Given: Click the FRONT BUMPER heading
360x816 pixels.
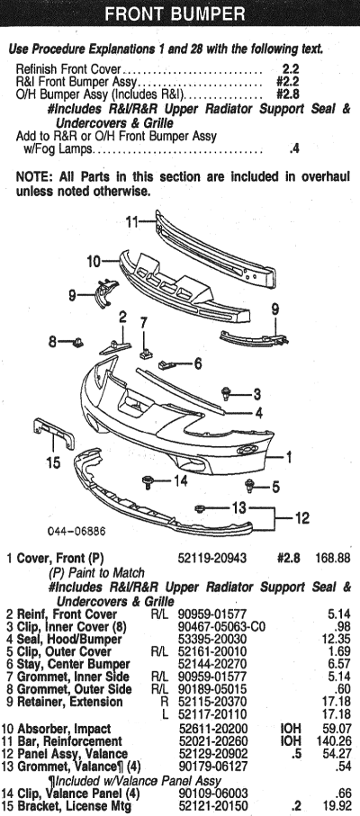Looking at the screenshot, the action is point(175,13).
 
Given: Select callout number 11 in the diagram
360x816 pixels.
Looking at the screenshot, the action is point(132,222).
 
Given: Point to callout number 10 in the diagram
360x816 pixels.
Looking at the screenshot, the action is point(93,261).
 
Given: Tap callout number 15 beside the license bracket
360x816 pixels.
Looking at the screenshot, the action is point(54,462).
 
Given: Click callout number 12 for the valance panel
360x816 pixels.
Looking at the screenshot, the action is point(301,518).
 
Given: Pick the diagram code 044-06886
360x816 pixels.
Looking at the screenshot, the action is point(76,532).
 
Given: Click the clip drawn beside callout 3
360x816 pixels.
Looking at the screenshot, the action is point(227,393).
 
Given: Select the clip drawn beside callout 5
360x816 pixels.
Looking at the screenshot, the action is point(251,486).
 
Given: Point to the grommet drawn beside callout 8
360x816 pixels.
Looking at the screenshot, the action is point(77,342).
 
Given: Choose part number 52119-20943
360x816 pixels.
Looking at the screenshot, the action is point(212,559).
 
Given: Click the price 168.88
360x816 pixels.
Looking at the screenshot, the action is point(332,559).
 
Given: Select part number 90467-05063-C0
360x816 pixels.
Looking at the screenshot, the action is point(221,626).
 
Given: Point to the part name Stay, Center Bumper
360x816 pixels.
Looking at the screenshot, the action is point(74,664).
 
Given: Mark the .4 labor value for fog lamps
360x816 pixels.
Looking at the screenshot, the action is point(294,148).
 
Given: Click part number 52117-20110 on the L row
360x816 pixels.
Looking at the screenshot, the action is point(212,714).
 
